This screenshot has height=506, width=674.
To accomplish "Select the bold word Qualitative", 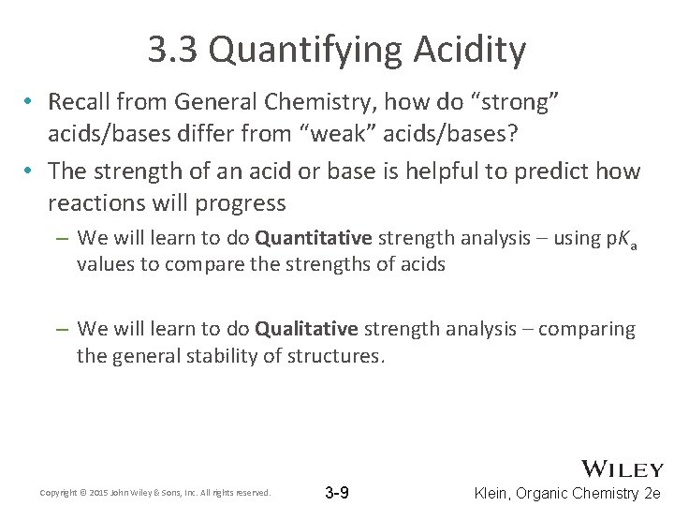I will pos(306,329).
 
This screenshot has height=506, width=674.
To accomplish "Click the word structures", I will pos(334,355).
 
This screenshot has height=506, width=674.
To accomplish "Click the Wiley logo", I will pos(623,469).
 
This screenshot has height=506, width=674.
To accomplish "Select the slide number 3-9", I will pos(337,492).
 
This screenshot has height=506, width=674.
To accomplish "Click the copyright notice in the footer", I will pos(155,493).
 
